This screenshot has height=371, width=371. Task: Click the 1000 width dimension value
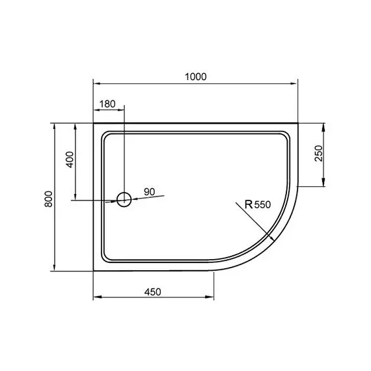tap(195, 76)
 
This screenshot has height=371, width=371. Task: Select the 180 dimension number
tap(107, 105)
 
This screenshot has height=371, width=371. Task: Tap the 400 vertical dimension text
tap(70, 159)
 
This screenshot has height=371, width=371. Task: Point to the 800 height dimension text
tap(48, 198)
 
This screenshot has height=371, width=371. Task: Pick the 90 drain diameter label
tap(149, 191)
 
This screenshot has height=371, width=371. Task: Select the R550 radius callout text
tap(257, 204)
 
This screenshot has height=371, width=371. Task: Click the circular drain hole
tap(124, 199)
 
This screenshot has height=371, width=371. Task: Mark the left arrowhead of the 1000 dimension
tap(97, 83)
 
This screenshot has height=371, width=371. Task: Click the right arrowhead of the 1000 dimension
tap(294, 83)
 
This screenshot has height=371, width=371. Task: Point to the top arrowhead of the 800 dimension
tap(55, 124)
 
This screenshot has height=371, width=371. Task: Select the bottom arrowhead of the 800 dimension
tap(55, 269)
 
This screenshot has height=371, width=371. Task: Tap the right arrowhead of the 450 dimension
tap(212, 298)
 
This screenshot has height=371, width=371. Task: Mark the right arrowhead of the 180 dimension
tap(121, 112)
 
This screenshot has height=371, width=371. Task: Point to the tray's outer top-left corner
tap(94, 122)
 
